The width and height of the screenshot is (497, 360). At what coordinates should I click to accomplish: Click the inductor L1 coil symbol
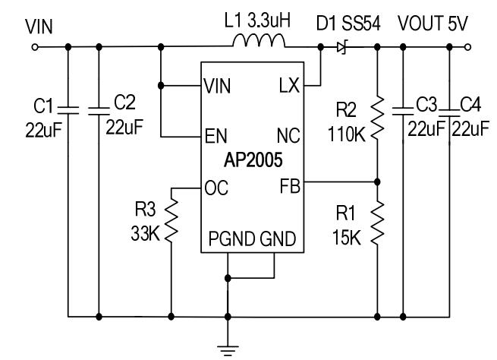pos(257,43)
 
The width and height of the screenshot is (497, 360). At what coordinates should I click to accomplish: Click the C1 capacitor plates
pos(68,112)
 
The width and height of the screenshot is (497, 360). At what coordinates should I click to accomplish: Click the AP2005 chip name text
pos(253,162)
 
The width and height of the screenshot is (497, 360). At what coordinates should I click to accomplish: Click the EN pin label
pos(215,136)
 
